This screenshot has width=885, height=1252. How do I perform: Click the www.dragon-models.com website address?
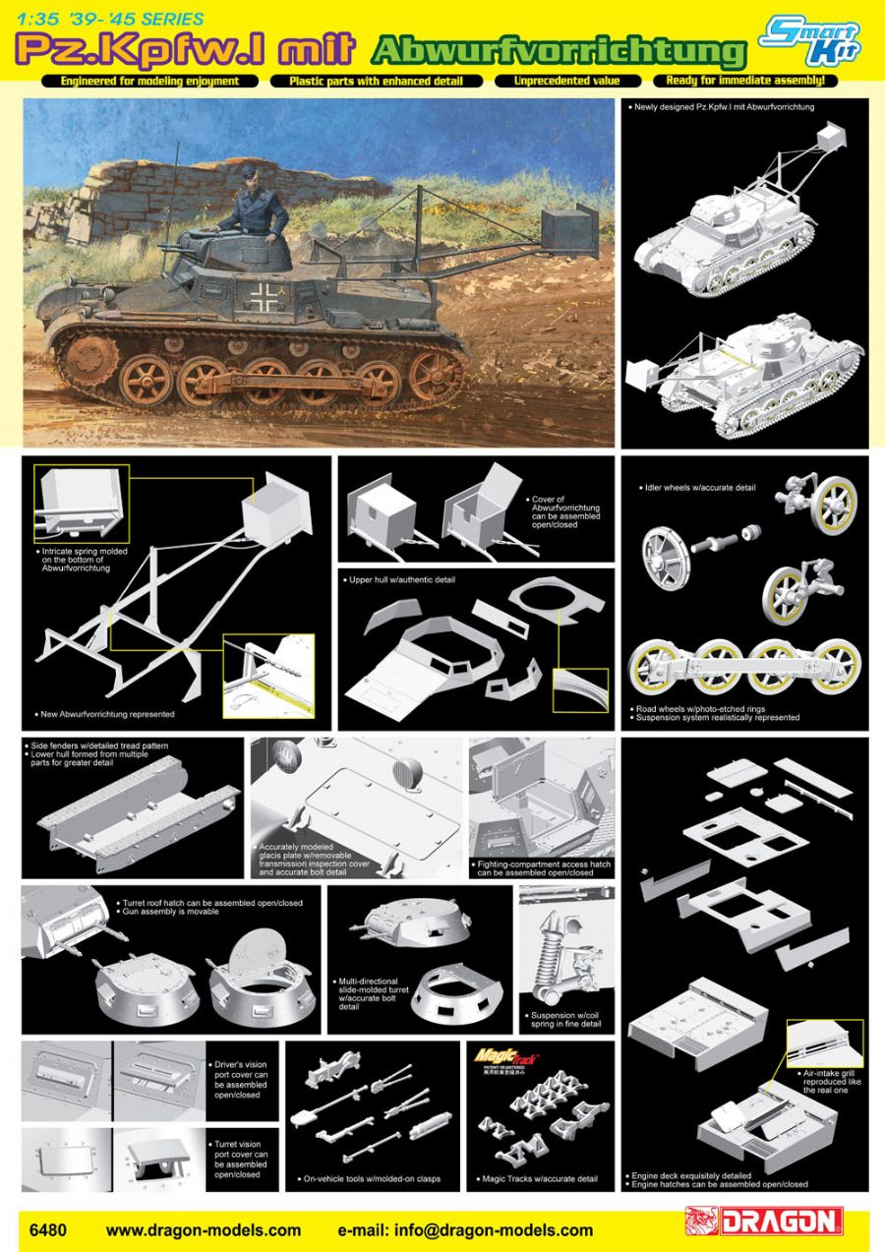[x=204, y=1229]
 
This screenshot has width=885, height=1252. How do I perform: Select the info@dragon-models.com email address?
[x=465, y=1229]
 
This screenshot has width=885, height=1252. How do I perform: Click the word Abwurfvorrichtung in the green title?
[x=559, y=49]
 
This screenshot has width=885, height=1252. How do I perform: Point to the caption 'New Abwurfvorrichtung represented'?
[x=107, y=714]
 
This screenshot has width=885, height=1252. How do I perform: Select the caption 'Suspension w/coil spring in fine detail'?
[x=564, y=1019]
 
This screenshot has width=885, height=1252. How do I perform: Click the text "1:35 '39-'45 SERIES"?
[x=103, y=19]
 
